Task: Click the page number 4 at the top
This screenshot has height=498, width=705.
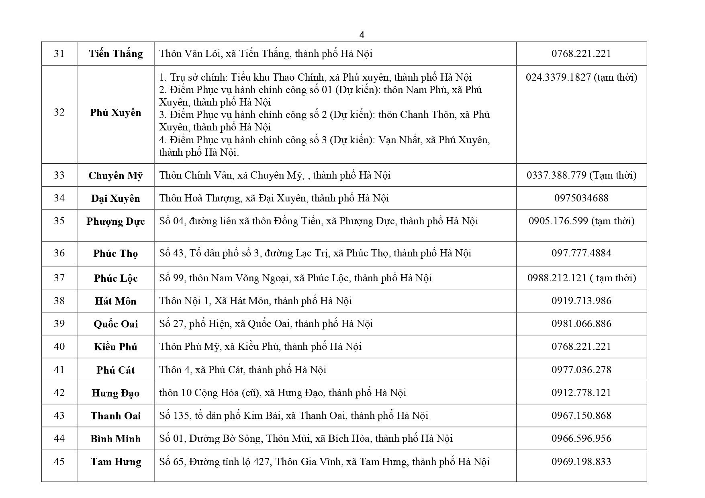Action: coord(362,35)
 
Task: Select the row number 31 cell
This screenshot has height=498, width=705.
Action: coord(59,53)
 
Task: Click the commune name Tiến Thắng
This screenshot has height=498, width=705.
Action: coord(116,54)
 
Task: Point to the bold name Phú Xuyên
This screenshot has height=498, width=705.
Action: coord(116,112)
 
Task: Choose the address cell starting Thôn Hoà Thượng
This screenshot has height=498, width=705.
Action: coord(274,198)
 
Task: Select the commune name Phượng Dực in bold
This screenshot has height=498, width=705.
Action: coord(116,222)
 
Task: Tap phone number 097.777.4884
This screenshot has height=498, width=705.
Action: coord(581,253)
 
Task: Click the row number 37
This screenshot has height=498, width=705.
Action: coord(59,278)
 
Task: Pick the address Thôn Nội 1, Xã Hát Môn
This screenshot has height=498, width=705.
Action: coord(255,301)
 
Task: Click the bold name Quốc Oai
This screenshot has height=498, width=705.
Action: coord(116,324)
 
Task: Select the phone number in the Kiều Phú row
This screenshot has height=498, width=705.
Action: coord(581,346)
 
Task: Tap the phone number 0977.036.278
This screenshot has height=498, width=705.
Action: coord(581,369)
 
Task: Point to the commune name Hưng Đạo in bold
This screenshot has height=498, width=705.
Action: coord(116,393)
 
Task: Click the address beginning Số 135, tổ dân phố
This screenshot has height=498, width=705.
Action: coord(294,415)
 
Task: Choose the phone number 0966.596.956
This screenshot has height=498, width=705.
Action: coord(581,438)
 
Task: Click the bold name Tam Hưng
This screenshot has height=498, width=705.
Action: coord(116,462)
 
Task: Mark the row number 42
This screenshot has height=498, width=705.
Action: coord(59,392)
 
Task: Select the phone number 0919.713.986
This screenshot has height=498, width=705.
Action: coord(581,301)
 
